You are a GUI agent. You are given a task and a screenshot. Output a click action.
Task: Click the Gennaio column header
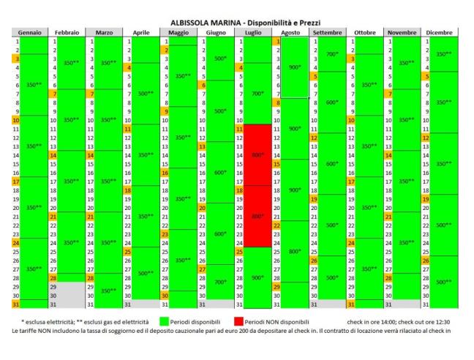pyautogui.click(x=30, y=32)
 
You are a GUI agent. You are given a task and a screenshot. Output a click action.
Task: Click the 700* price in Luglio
pyautogui.click(x=257, y=93)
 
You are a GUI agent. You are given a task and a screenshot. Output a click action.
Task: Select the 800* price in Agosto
pyautogui.click(x=293, y=251)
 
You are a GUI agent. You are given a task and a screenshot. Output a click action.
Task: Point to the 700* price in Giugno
pyautogui.click(x=220, y=282)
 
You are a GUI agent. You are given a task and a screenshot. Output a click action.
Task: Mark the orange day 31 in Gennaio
pyautogui.click(x=15, y=304)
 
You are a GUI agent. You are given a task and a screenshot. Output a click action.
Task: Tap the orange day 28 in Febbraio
pyautogui.click(x=52, y=279)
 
